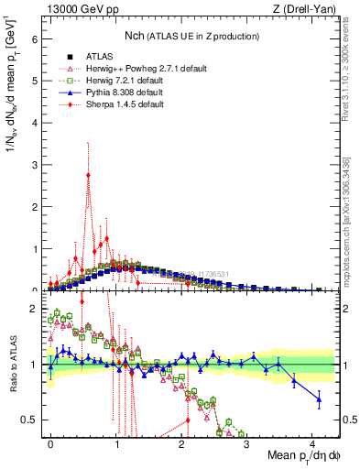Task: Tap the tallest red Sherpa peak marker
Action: [88, 175]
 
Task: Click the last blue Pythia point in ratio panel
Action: [318, 398]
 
